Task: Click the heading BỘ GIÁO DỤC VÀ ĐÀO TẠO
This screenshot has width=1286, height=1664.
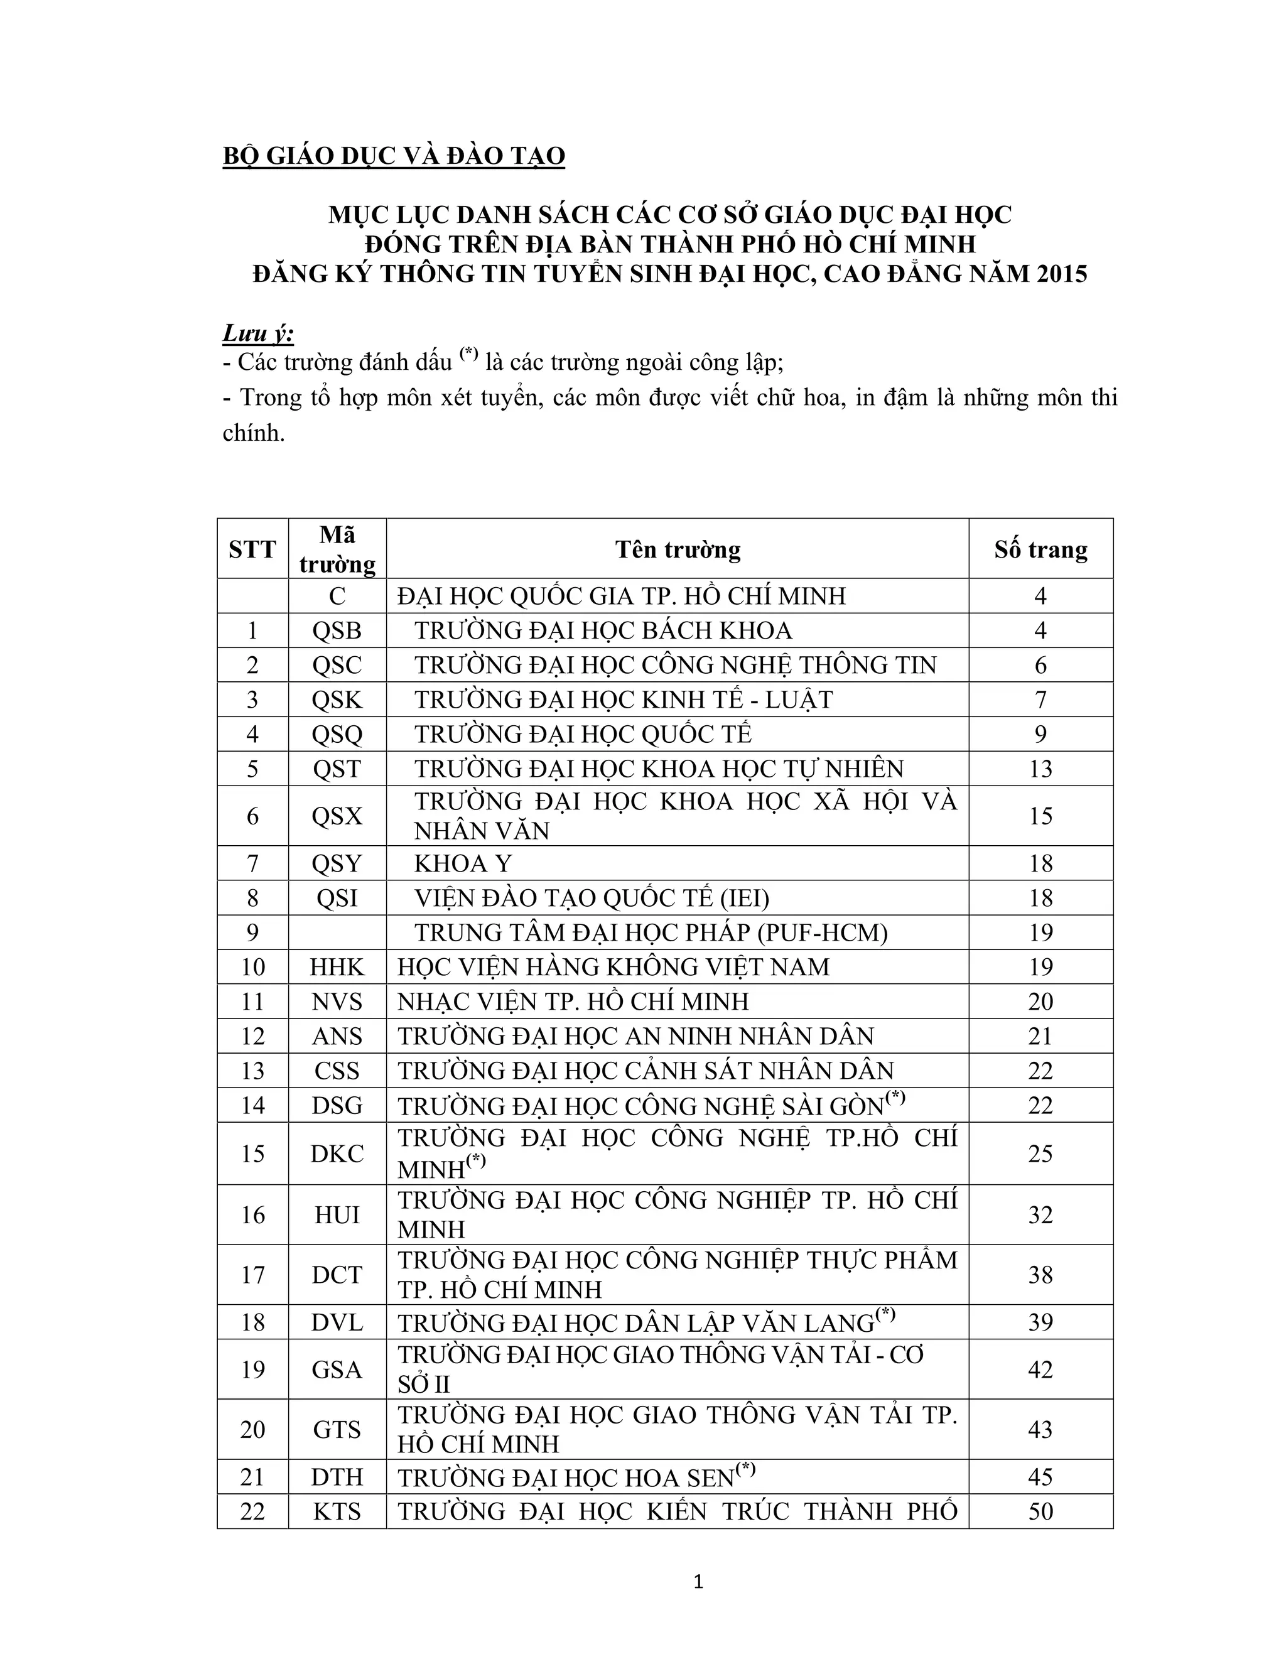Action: click(x=393, y=156)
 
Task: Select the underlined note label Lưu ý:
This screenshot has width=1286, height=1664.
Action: click(x=258, y=333)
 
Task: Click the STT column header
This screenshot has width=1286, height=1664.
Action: click(x=252, y=549)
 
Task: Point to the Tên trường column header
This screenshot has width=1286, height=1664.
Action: click(x=678, y=549)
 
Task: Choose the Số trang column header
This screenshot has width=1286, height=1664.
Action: click(x=1040, y=549)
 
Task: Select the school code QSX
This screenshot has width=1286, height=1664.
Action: click(x=337, y=816)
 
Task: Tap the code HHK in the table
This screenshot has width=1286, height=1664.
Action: click(x=337, y=967)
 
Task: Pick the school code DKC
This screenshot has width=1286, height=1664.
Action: click(x=337, y=1153)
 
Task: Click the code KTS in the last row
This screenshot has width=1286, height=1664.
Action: click(x=337, y=1511)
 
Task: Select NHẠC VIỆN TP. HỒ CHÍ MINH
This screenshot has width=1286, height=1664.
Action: click(x=573, y=1001)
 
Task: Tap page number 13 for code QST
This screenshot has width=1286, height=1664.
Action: click(x=1040, y=769)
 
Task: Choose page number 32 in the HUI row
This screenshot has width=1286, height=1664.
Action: click(x=1040, y=1214)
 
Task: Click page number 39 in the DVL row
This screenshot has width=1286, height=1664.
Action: click(x=1040, y=1322)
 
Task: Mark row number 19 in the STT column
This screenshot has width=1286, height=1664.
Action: click(x=252, y=1369)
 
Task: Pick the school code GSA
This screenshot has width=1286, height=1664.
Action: click(x=337, y=1369)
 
